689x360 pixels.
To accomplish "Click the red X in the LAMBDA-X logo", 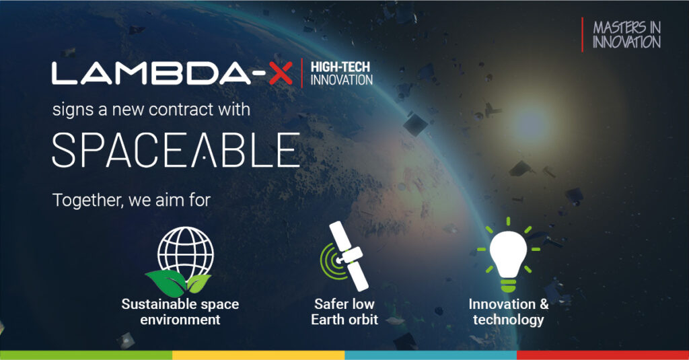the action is [x=281, y=73].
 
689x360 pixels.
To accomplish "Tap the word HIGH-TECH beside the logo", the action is [x=340, y=67].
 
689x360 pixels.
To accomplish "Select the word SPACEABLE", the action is [x=176, y=150].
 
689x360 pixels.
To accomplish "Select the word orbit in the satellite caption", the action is [x=362, y=320].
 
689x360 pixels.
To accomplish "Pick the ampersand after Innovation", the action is [x=544, y=304].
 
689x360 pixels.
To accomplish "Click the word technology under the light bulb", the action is [x=509, y=320].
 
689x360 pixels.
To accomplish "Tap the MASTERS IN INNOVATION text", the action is [x=626, y=35].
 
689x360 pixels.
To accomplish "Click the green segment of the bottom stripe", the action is [x=86, y=355].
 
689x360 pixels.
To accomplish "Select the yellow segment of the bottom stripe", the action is [x=258, y=355].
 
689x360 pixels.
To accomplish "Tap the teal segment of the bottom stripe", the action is [x=431, y=355].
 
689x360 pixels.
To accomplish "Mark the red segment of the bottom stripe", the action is [x=603, y=355].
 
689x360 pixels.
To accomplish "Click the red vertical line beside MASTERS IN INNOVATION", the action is [x=582, y=35].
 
